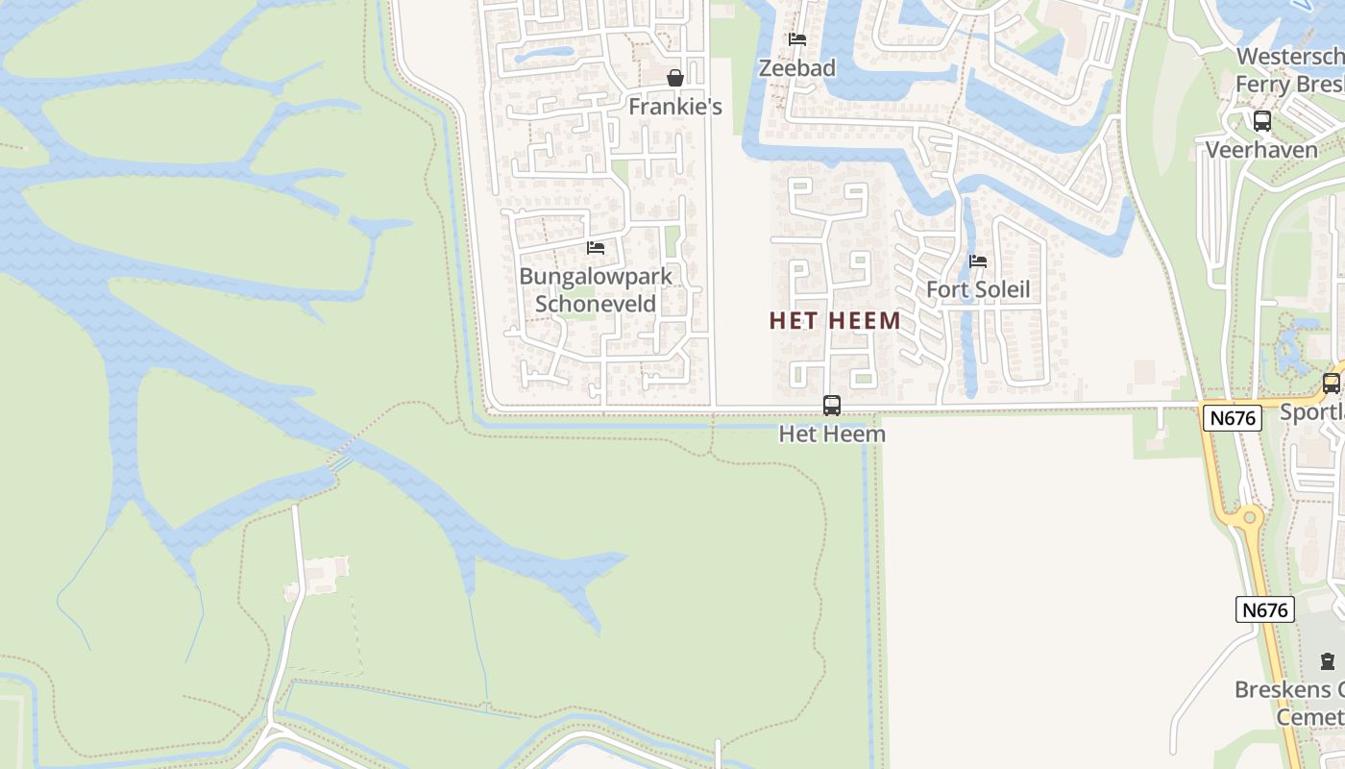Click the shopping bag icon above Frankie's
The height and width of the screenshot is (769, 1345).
(x=675, y=78)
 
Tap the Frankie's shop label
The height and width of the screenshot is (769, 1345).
(x=675, y=107)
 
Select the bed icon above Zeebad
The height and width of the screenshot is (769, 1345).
(x=797, y=39)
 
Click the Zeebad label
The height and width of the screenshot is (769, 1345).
(x=797, y=68)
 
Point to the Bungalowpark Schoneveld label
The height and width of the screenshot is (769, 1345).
(x=596, y=290)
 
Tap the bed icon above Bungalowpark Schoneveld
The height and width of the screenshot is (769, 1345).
(x=596, y=248)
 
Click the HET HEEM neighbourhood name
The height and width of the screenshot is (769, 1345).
(x=835, y=321)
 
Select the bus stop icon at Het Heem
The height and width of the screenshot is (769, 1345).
(x=832, y=406)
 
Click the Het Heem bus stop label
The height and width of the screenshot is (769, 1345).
(x=832, y=434)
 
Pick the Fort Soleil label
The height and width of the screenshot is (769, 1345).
(x=978, y=290)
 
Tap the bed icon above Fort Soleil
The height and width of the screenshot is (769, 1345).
(x=978, y=261)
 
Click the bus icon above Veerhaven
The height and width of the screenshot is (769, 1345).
(x=1262, y=121)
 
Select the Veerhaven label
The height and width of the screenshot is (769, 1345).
(x=1262, y=150)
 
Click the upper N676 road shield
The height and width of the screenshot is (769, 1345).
(x=1231, y=417)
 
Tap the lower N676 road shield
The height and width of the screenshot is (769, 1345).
(x=1264, y=609)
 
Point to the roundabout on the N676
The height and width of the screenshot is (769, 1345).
(x=1249, y=518)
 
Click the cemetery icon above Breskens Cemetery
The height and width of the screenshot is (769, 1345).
(x=1328, y=661)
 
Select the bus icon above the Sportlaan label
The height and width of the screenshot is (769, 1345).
(x=1332, y=383)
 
